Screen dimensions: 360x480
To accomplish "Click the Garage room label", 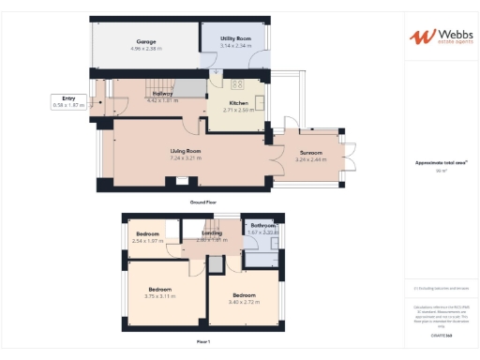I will click(x=145, y=42).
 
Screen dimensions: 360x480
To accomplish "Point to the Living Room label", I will click(x=186, y=151).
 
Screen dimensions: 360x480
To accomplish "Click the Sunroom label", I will click(x=310, y=153).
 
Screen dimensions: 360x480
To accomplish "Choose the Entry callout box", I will click(x=68, y=103).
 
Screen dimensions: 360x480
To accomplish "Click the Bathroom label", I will click(x=263, y=226).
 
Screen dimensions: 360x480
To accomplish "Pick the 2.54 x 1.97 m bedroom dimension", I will click(x=148, y=241).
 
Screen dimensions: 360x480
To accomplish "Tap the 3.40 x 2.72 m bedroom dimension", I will click(x=244, y=302).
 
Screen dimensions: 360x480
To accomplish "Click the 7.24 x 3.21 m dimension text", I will click(x=186, y=157).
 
